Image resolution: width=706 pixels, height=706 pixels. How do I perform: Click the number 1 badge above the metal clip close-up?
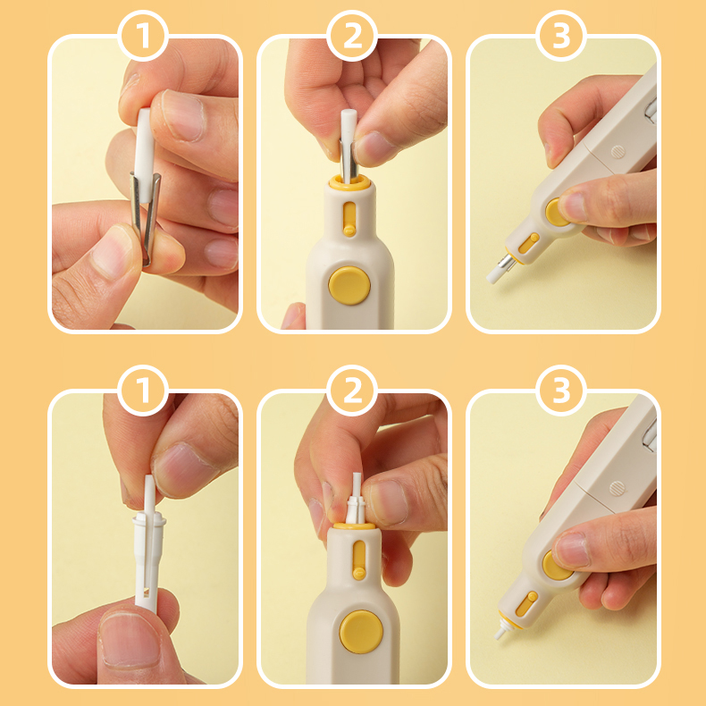[x=143, y=36]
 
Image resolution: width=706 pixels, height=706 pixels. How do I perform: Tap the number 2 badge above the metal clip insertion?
[x=352, y=36]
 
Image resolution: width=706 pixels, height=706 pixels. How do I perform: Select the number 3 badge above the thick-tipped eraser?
[x=561, y=36]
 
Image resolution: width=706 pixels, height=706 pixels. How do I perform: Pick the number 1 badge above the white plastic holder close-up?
[x=143, y=391]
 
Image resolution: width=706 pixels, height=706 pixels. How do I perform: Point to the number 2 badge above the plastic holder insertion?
[x=352, y=391]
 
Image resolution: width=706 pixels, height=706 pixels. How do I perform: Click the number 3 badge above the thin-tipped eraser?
[x=561, y=391]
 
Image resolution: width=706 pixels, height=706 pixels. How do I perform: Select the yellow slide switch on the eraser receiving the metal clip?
[x=349, y=219]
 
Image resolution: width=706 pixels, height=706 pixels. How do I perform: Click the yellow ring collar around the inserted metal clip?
[x=349, y=182]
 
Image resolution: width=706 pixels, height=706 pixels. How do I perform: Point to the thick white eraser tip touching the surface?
[x=496, y=274]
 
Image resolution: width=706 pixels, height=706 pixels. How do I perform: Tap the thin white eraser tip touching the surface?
[x=500, y=634]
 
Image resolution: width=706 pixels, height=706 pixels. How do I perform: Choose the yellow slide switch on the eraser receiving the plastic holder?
[x=359, y=559]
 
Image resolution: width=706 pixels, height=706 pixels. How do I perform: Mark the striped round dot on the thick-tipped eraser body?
[x=618, y=152]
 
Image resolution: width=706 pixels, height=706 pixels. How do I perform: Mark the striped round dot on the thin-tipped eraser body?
[x=618, y=488]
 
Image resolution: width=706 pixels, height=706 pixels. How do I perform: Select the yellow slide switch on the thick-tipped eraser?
[x=528, y=243]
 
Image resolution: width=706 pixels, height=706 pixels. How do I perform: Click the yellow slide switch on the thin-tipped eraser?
[x=526, y=604]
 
